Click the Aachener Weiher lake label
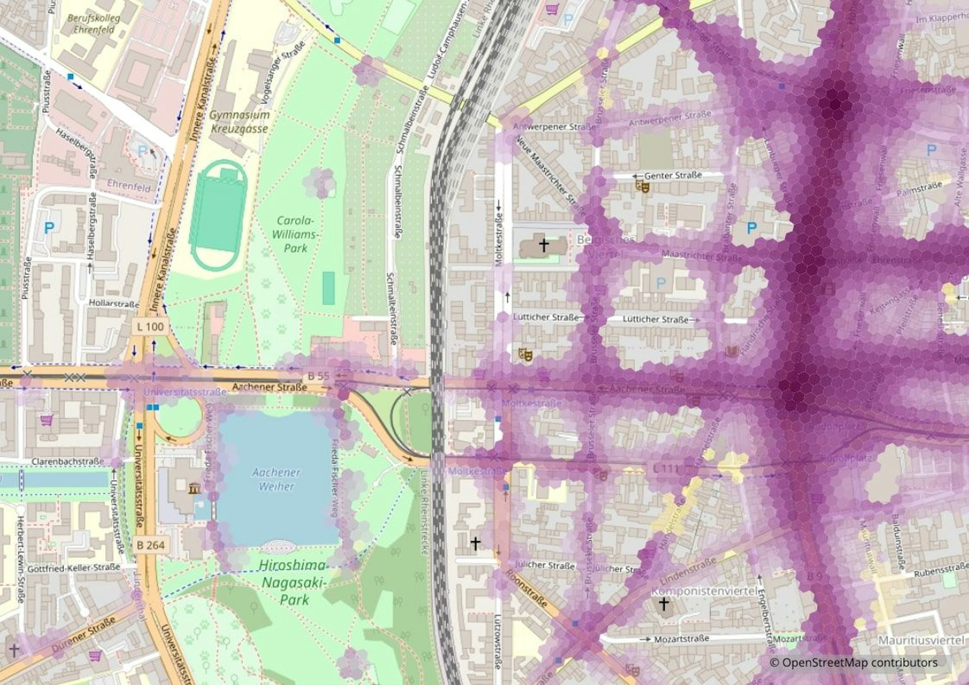277,479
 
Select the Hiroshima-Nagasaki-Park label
292,582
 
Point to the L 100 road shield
150,327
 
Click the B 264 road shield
151,545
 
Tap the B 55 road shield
318,375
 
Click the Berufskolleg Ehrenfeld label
94,24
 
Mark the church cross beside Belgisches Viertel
544,245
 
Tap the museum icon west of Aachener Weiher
195,488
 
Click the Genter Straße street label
673,175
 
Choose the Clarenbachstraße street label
67,462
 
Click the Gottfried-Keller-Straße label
73,568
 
